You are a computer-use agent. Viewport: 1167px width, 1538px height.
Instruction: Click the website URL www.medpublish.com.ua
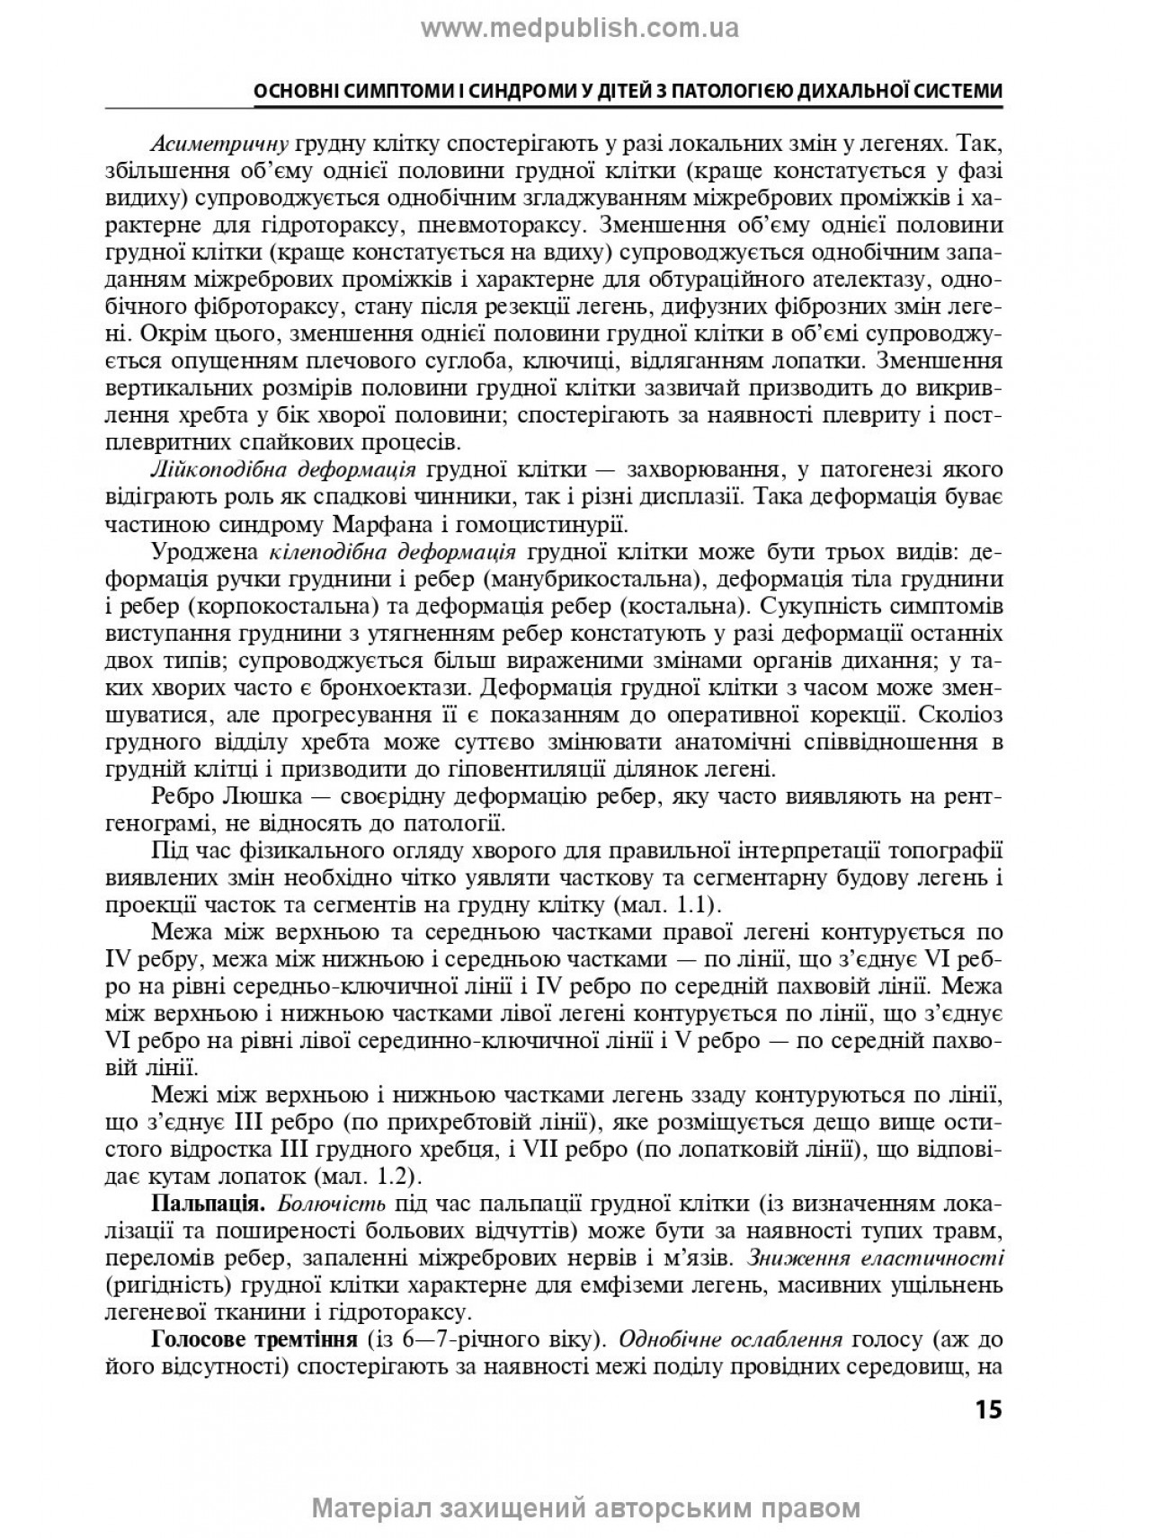[x=580, y=29]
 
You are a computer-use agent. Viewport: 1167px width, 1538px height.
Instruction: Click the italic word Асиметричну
[x=219, y=145]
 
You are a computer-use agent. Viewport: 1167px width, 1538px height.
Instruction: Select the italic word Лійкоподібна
[x=204, y=470]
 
